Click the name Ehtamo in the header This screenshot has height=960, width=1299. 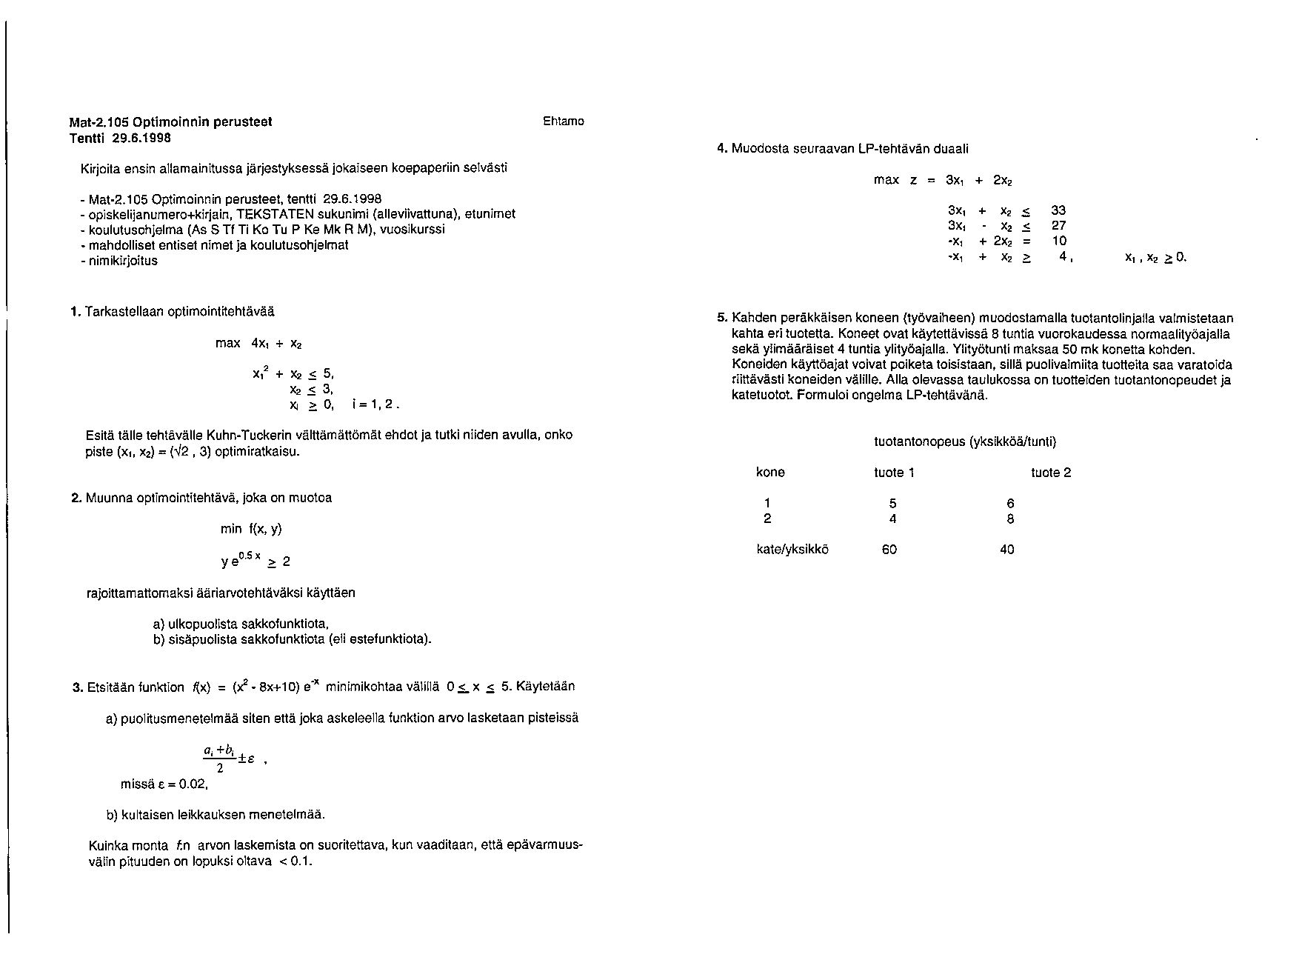click(564, 121)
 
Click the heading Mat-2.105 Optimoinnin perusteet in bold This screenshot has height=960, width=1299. click(171, 122)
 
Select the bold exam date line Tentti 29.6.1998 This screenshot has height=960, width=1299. click(120, 138)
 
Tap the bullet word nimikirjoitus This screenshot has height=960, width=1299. click(123, 261)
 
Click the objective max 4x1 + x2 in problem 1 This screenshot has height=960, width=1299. click(258, 344)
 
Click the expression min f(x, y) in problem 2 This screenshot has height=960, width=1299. click(251, 529)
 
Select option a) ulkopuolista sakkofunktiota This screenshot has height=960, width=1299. click(241, 623)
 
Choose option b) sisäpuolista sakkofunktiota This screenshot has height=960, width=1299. click(292, 639)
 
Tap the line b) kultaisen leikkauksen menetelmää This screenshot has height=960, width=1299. click(216, 815)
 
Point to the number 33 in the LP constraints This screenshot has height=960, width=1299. click(1058, 211)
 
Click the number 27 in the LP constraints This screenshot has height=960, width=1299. click(1058, 226)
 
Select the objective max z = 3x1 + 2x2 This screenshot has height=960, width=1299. click(943, 180)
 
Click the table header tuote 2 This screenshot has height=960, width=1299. click(1051, 473)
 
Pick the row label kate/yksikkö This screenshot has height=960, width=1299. click(792, 550)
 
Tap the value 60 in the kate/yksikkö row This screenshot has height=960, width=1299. click(889, 550)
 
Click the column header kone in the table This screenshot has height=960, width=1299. click(770, 473)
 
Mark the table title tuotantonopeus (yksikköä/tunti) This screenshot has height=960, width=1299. click(965, 442)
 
